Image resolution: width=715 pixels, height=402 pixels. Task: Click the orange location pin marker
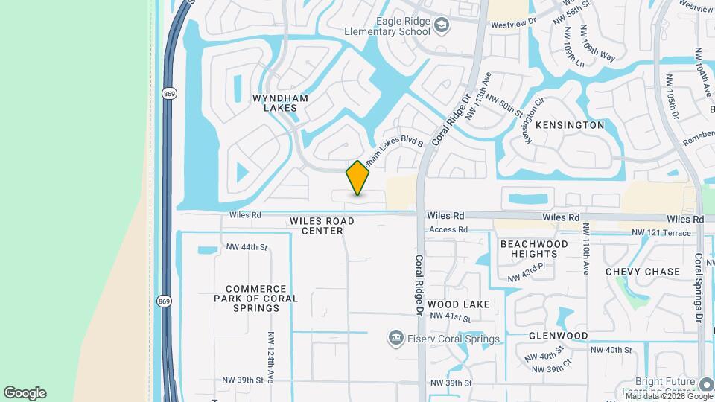pyautogui.click(x=358, y=178)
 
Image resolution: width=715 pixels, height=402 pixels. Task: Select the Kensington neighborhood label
pyautogui.click(x=570, y=125)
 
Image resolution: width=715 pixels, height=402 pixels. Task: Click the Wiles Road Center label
pyautogui.click(x=322, y=226)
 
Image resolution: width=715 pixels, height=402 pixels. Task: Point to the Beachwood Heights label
pyautogui.click(x=534, y=249)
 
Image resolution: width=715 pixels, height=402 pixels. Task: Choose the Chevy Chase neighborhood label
pyautogui.click(x=643, y=272)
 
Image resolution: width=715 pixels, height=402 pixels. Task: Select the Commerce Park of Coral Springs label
pyautogui.click(x=255, y=298)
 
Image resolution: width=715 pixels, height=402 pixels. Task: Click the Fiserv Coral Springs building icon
pyautogui.click(x=395, y=339)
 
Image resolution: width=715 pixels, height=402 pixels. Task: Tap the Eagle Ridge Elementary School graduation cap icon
pyautogui.click(x=442, y=27)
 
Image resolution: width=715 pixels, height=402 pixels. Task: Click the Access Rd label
pyautogui.click(x=448, y=230)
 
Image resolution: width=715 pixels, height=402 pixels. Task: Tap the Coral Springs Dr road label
pyautogui.click(x=699, y=287)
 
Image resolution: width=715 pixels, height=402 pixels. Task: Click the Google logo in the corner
pyautogui.click(x=25, y=392)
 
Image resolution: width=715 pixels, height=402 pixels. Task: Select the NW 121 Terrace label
pyautogui.click(x=661, y=233)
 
